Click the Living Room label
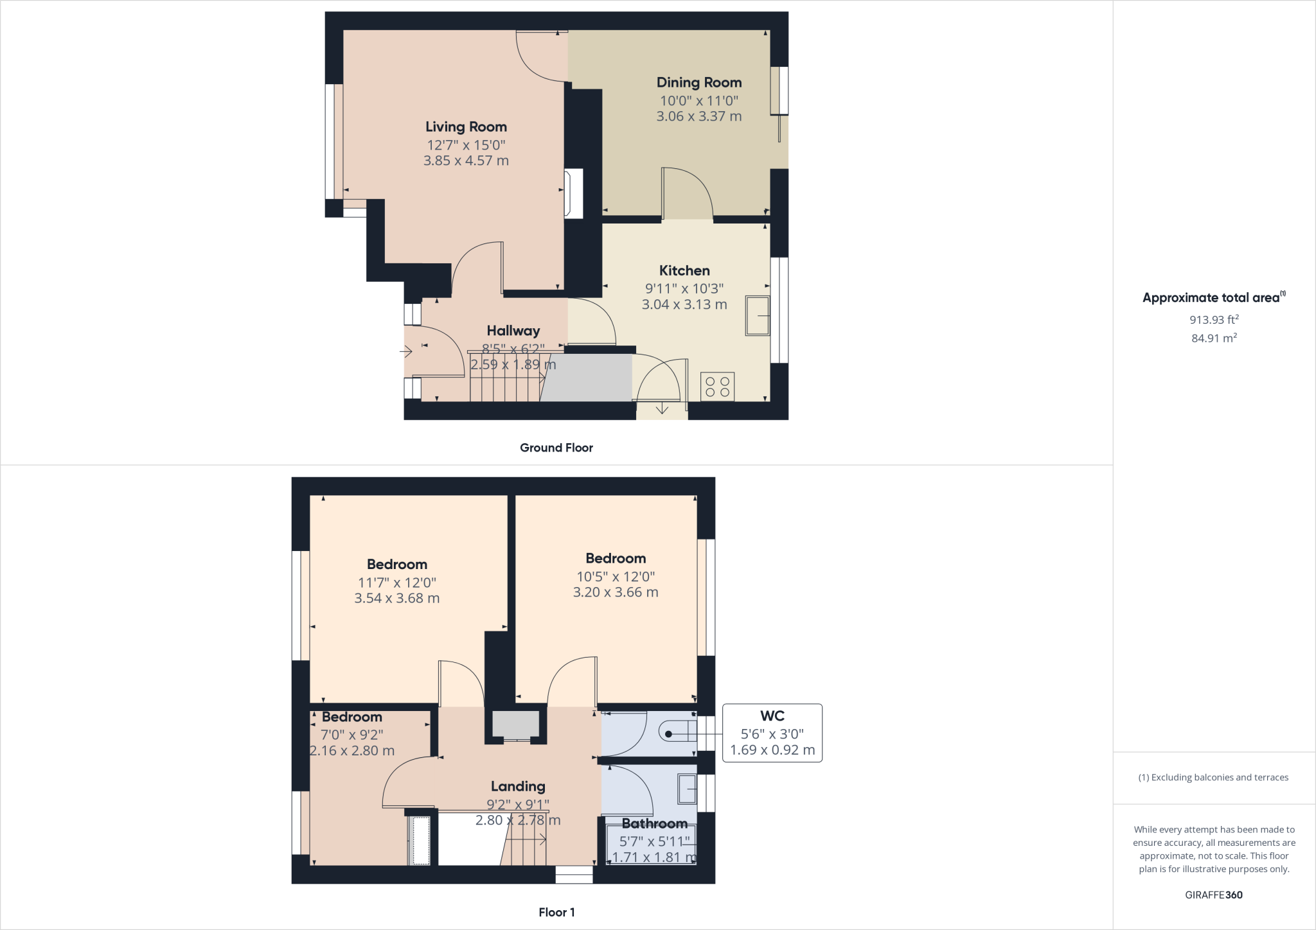[x=466, y=127]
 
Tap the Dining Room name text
[x=699, y=82]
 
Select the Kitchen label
[x=684, y=270]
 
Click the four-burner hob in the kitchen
[x=717, y=387]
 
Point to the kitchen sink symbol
[x=758, y=315]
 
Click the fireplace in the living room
[x=573, y=193]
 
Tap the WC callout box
[x=772, y=733]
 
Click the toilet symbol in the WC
[x=678, y=733]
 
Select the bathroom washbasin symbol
[x=687, y=789]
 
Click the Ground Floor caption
[x=556, y=448]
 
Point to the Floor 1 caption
[x=556, y=912]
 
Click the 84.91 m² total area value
[x=1214, y=338]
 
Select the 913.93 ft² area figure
[x=1214, y=319]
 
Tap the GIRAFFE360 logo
[x=1214, y=895]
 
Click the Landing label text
[x=518, y=786]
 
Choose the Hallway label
[x=513, y=331]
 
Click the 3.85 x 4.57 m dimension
[x=466, y=161]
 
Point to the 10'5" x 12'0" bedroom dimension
[x=616, y=577]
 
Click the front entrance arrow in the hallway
[x=406, y=351]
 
